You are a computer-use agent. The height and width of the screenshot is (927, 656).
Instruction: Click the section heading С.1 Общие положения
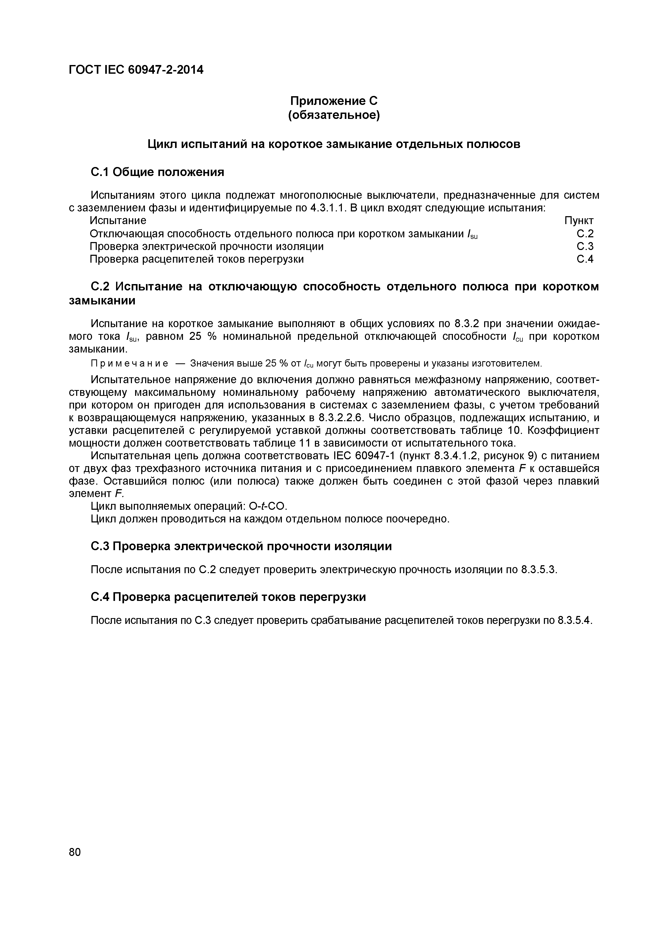(x=157, y=172)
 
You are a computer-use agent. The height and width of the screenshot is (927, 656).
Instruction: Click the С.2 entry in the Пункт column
(x=585, y=234)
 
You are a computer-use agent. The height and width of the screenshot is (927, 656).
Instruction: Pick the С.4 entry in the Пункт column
(x=585, y=259)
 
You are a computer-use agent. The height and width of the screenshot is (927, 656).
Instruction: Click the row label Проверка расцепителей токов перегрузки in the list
(x=197, y=259)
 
